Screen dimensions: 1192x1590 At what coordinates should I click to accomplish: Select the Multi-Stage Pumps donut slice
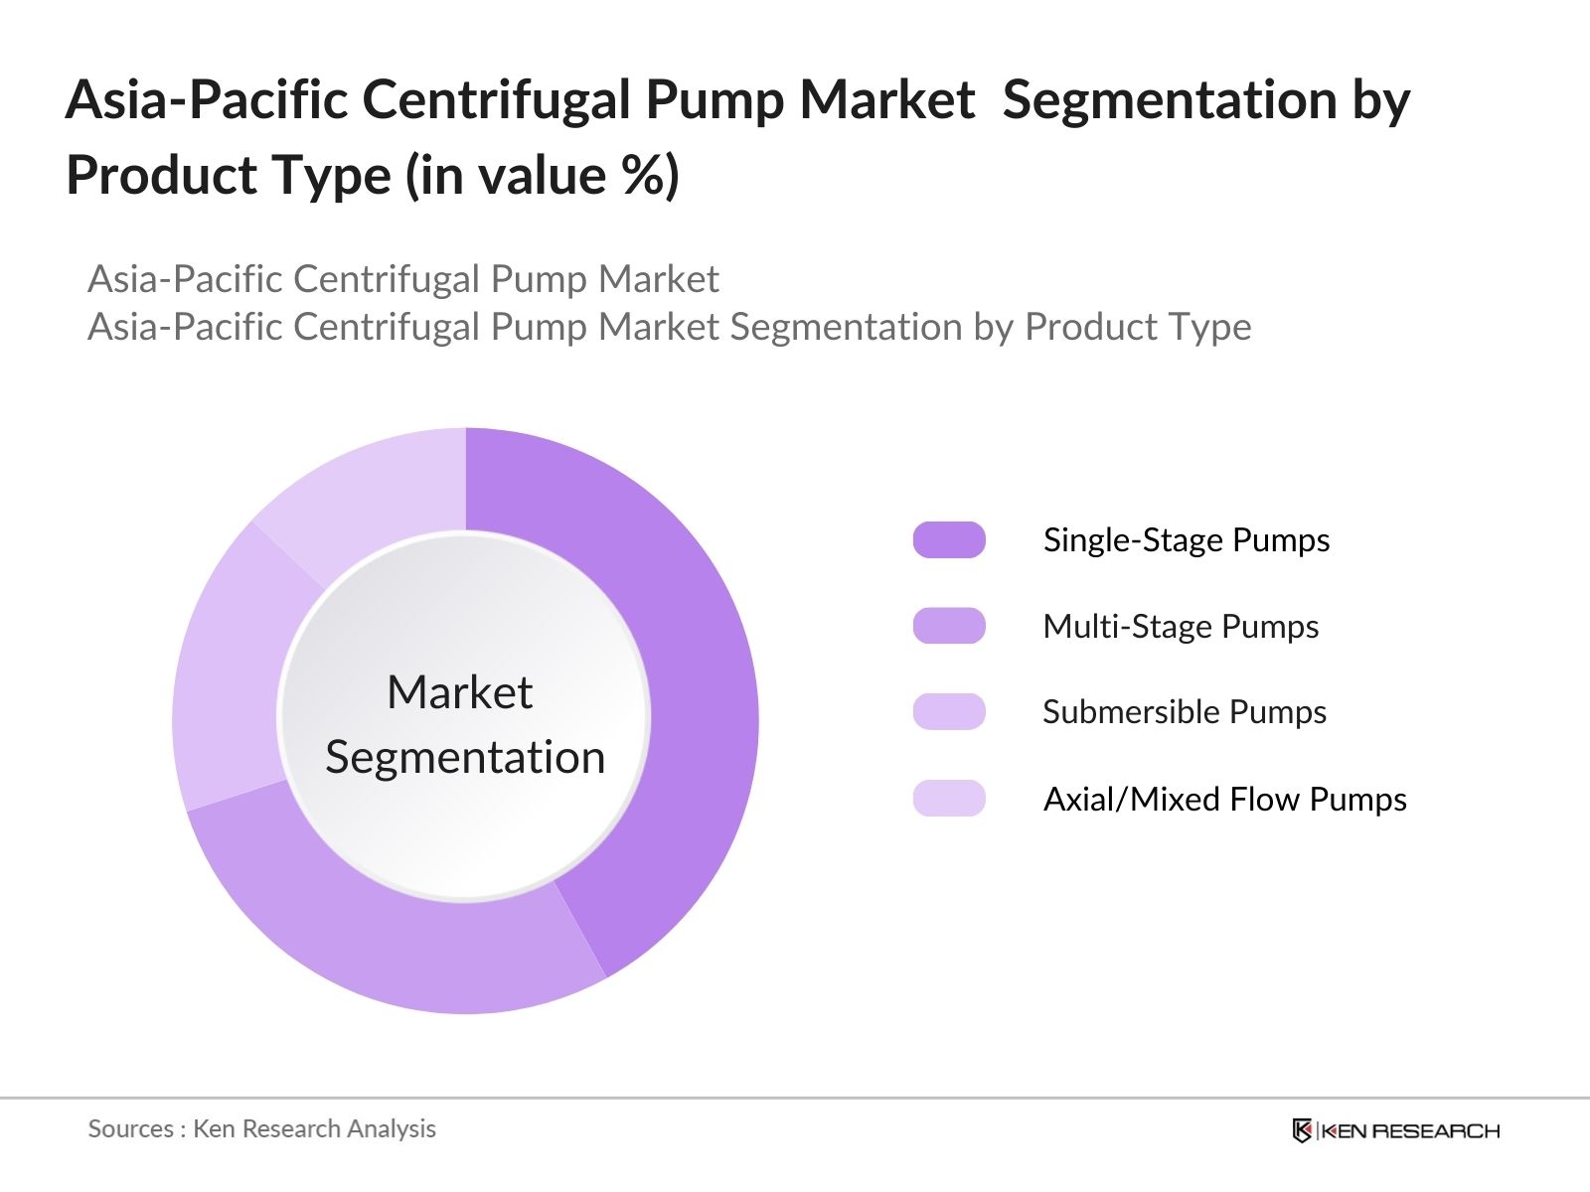click(397, 934)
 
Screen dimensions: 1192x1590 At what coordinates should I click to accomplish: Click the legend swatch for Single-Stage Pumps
click(949, 539)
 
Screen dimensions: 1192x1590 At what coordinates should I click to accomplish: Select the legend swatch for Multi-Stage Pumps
click(949, 626)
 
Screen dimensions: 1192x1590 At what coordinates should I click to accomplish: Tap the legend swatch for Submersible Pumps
click(949, 712)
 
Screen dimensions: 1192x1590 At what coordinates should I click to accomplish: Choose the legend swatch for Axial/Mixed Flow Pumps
click(949, 799)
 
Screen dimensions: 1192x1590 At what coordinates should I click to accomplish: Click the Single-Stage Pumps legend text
click(1186, 540)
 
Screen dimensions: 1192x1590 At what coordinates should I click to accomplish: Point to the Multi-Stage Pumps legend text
click(1181, 627)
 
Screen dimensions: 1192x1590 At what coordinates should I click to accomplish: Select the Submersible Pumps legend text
click(1184, 712)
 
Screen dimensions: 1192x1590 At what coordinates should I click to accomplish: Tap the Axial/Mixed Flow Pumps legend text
click(1224, 800)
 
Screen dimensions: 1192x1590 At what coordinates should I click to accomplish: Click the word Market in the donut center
click(459, 692)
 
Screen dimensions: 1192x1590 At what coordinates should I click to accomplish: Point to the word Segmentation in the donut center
click(465, 758)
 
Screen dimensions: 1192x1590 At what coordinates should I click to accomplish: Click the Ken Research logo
click(1395, 1130)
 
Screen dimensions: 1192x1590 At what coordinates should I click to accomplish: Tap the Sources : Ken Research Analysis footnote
click(261, 1128)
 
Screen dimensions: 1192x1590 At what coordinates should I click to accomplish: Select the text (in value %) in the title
click(542, 176)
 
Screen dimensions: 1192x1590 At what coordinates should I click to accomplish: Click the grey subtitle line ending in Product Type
click(669, 327)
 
